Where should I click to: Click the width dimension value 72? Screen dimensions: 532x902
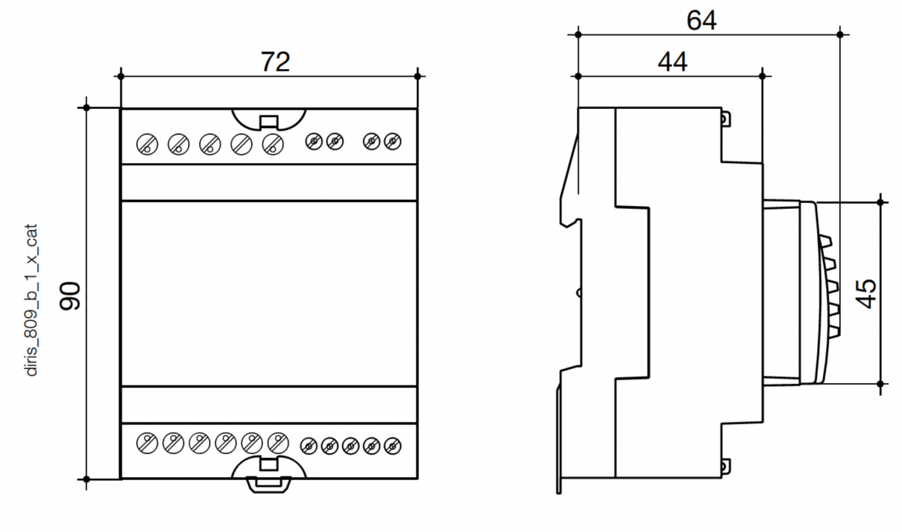click(x=275, y=62)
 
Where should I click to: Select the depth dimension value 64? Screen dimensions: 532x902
click(x=701, y=20)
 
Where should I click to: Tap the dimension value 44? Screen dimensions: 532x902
click(x=673, y=63)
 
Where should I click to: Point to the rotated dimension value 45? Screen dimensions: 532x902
click(x=866, y=293)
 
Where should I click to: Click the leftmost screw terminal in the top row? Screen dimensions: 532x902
click(x=147, y=143)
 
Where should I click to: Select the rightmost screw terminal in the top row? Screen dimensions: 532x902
click(x=392, y=141)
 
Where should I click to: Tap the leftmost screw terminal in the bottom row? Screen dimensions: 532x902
click(x=147, y=443)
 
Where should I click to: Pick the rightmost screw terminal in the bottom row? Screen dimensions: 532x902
click(x=391, y=446)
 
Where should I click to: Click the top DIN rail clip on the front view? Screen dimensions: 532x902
click(x=268, y=120)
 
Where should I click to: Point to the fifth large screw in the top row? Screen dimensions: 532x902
click(x=272, y=143)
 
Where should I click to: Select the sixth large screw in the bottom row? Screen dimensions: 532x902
click(x=278, y=443)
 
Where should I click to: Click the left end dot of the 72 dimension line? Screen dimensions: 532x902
click(x=120, y=76)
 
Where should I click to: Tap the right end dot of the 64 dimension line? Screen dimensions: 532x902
click(x=840, y=34)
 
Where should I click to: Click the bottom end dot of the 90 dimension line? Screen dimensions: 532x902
click(x=86, y=478)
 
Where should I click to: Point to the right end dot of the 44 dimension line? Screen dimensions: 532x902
click(x=762, y=76)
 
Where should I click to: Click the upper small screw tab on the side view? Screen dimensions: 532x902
click(x=725, y=119)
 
